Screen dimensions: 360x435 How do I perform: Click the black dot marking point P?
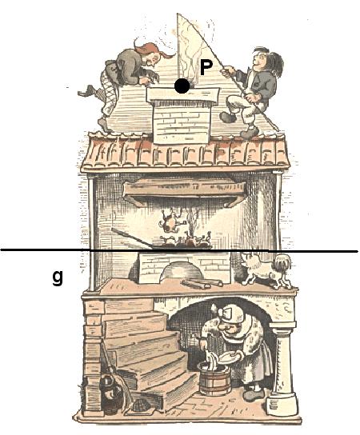coord(182,86)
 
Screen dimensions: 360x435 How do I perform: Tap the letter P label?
coord(206,68)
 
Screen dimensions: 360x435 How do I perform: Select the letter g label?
coord(58,277)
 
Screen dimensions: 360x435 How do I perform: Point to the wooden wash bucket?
coord(214,377)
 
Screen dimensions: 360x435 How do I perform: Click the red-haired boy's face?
coord(154,60)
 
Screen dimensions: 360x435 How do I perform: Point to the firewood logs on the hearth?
coord(202,284)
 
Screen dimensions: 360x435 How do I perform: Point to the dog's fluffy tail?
coord(282,262)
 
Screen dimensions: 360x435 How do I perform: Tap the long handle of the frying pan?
coord(131,237)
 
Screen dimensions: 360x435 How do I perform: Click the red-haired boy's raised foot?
coord(86,91)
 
